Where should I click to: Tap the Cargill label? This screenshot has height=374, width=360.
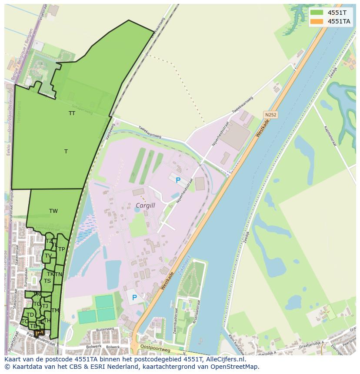145,205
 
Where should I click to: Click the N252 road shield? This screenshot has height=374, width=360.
270,115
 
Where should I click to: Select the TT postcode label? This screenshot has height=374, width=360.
72,113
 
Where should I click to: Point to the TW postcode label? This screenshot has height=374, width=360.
53,211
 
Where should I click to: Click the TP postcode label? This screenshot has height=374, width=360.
61,249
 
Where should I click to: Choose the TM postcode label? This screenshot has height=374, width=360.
55,311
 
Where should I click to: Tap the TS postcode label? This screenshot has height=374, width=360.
47,281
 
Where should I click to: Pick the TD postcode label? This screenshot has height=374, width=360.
30,315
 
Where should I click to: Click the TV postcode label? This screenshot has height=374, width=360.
48,256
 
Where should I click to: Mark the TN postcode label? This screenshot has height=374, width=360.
58,275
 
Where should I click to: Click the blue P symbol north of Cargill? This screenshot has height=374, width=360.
177,180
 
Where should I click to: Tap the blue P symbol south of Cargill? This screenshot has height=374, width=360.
134,298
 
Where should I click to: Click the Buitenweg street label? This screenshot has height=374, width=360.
104,330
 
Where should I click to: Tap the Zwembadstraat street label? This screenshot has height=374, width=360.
176,320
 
